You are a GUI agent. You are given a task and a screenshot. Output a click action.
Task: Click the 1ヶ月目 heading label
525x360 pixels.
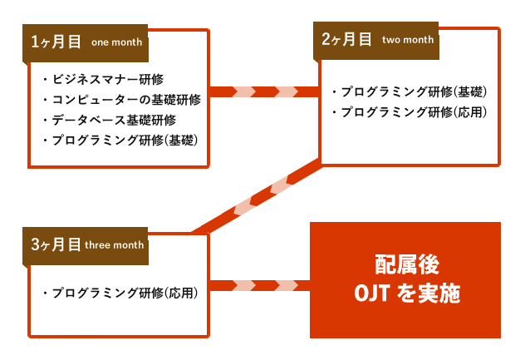[56, 42]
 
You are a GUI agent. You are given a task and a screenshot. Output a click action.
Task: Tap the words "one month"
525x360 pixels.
[116, 42]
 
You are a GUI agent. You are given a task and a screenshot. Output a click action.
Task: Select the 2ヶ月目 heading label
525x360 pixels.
[346, 39]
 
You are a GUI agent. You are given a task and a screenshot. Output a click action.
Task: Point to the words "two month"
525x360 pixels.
[408, 40]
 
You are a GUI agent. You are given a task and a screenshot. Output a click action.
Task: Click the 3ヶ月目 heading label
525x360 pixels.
[56, 244]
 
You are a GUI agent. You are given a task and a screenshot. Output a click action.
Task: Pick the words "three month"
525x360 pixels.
[114, 245]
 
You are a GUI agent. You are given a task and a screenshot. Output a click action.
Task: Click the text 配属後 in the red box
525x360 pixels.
[407, 264]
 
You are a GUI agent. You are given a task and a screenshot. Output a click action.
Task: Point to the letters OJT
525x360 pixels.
[371, 293]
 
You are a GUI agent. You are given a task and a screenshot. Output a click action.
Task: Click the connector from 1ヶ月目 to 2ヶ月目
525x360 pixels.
[264, 91]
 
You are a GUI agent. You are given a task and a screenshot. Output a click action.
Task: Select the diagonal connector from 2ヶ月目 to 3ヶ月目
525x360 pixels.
[258, 196]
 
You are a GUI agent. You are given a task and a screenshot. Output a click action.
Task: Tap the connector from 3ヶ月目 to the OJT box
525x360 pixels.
[260, 285]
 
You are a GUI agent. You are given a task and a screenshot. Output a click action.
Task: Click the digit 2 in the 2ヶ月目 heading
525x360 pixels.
[326, 39]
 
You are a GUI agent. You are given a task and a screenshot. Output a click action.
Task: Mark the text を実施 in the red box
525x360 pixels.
[429, 293]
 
